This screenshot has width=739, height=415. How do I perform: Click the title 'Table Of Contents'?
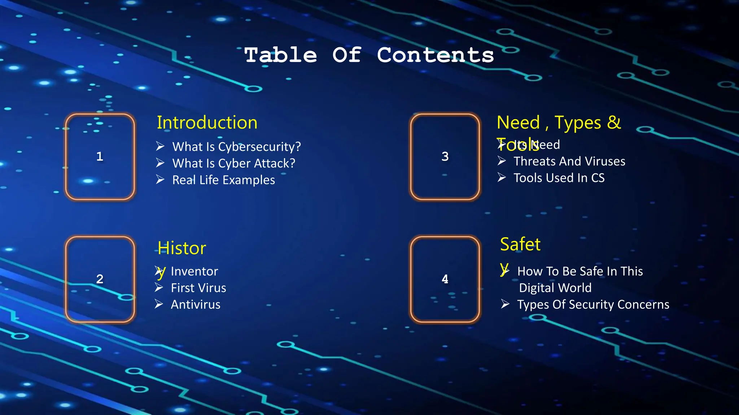369,55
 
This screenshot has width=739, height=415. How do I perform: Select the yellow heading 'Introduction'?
207,122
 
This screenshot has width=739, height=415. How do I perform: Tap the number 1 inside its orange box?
100,156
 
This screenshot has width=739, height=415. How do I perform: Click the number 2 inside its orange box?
100,279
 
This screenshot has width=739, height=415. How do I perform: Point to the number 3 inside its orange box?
445,156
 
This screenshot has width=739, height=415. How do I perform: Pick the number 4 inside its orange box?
445,279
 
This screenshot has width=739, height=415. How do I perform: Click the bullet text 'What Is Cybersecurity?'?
236,147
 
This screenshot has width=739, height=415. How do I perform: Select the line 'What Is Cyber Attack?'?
233,163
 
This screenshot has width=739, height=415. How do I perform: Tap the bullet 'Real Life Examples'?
223,180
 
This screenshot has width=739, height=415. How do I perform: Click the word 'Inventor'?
194,271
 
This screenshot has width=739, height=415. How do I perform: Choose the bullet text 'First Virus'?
198,288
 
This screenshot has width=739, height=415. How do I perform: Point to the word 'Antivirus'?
196,304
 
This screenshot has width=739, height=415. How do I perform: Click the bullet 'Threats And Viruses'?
569,161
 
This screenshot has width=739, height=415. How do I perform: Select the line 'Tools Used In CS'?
559,178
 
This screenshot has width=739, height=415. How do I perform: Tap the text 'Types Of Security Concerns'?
593,304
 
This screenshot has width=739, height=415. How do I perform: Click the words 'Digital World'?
555,288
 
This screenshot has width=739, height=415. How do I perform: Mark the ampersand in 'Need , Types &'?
614,122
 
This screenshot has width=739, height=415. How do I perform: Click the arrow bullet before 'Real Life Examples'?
160,179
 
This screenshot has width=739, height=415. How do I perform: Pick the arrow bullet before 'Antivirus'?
159,304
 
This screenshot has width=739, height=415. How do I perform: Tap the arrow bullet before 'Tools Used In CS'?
502,177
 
